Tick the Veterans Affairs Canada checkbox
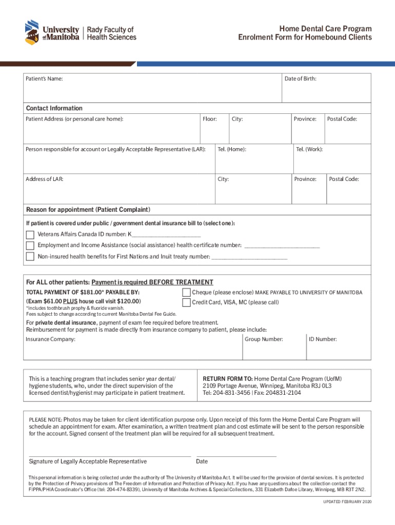30,235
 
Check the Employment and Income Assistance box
30,246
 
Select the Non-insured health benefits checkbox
30,256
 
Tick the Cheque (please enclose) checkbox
186,292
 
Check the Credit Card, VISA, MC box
186,302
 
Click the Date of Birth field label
300,78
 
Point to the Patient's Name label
45,79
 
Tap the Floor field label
209,119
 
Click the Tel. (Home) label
231,149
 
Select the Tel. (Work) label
309,149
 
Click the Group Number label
264,339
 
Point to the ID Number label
323,339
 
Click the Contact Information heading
54,108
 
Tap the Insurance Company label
51,339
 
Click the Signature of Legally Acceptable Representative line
110,455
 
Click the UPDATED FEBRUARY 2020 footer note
346,501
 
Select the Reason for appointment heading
88,210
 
